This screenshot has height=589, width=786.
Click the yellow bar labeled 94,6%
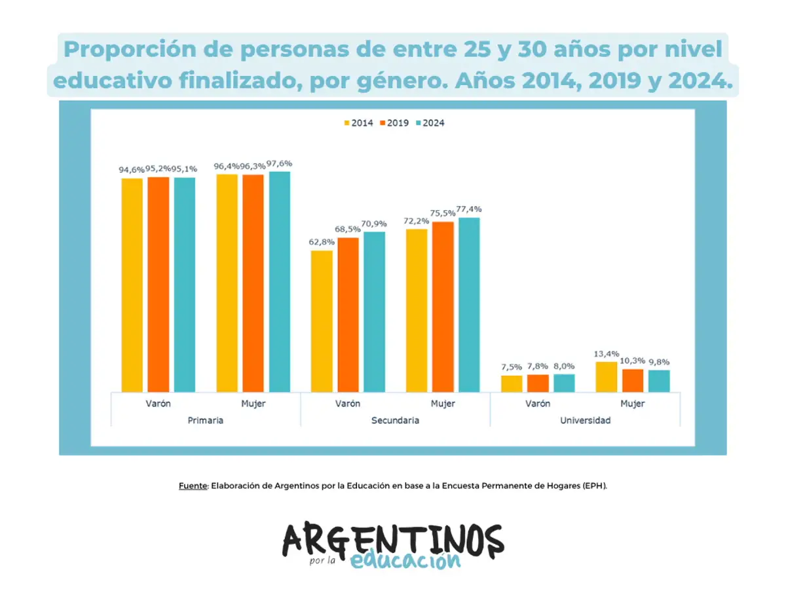click(132, 285)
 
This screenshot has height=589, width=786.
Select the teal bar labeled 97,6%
click(279, 281)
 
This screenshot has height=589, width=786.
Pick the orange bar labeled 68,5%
click(348, 314)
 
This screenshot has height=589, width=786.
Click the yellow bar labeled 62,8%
click(322, 321)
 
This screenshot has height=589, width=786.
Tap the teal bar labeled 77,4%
click(469, 304)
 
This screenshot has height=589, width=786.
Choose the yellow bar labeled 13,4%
click(607, 376)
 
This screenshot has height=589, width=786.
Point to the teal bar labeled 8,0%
click(564, 383)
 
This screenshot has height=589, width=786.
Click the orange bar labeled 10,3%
click(633, 380)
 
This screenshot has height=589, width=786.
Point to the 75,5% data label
click(443, 213)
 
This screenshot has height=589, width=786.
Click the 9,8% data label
click(659, 362)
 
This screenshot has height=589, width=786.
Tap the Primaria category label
click(205, 420)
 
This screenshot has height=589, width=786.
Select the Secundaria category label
click(395, 420)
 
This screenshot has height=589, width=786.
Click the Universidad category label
click(585, 420)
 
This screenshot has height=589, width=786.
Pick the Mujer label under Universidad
click(632, 404)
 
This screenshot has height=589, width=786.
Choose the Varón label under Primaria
click(158, 404)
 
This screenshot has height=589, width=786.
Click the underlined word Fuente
click(193, 486)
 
